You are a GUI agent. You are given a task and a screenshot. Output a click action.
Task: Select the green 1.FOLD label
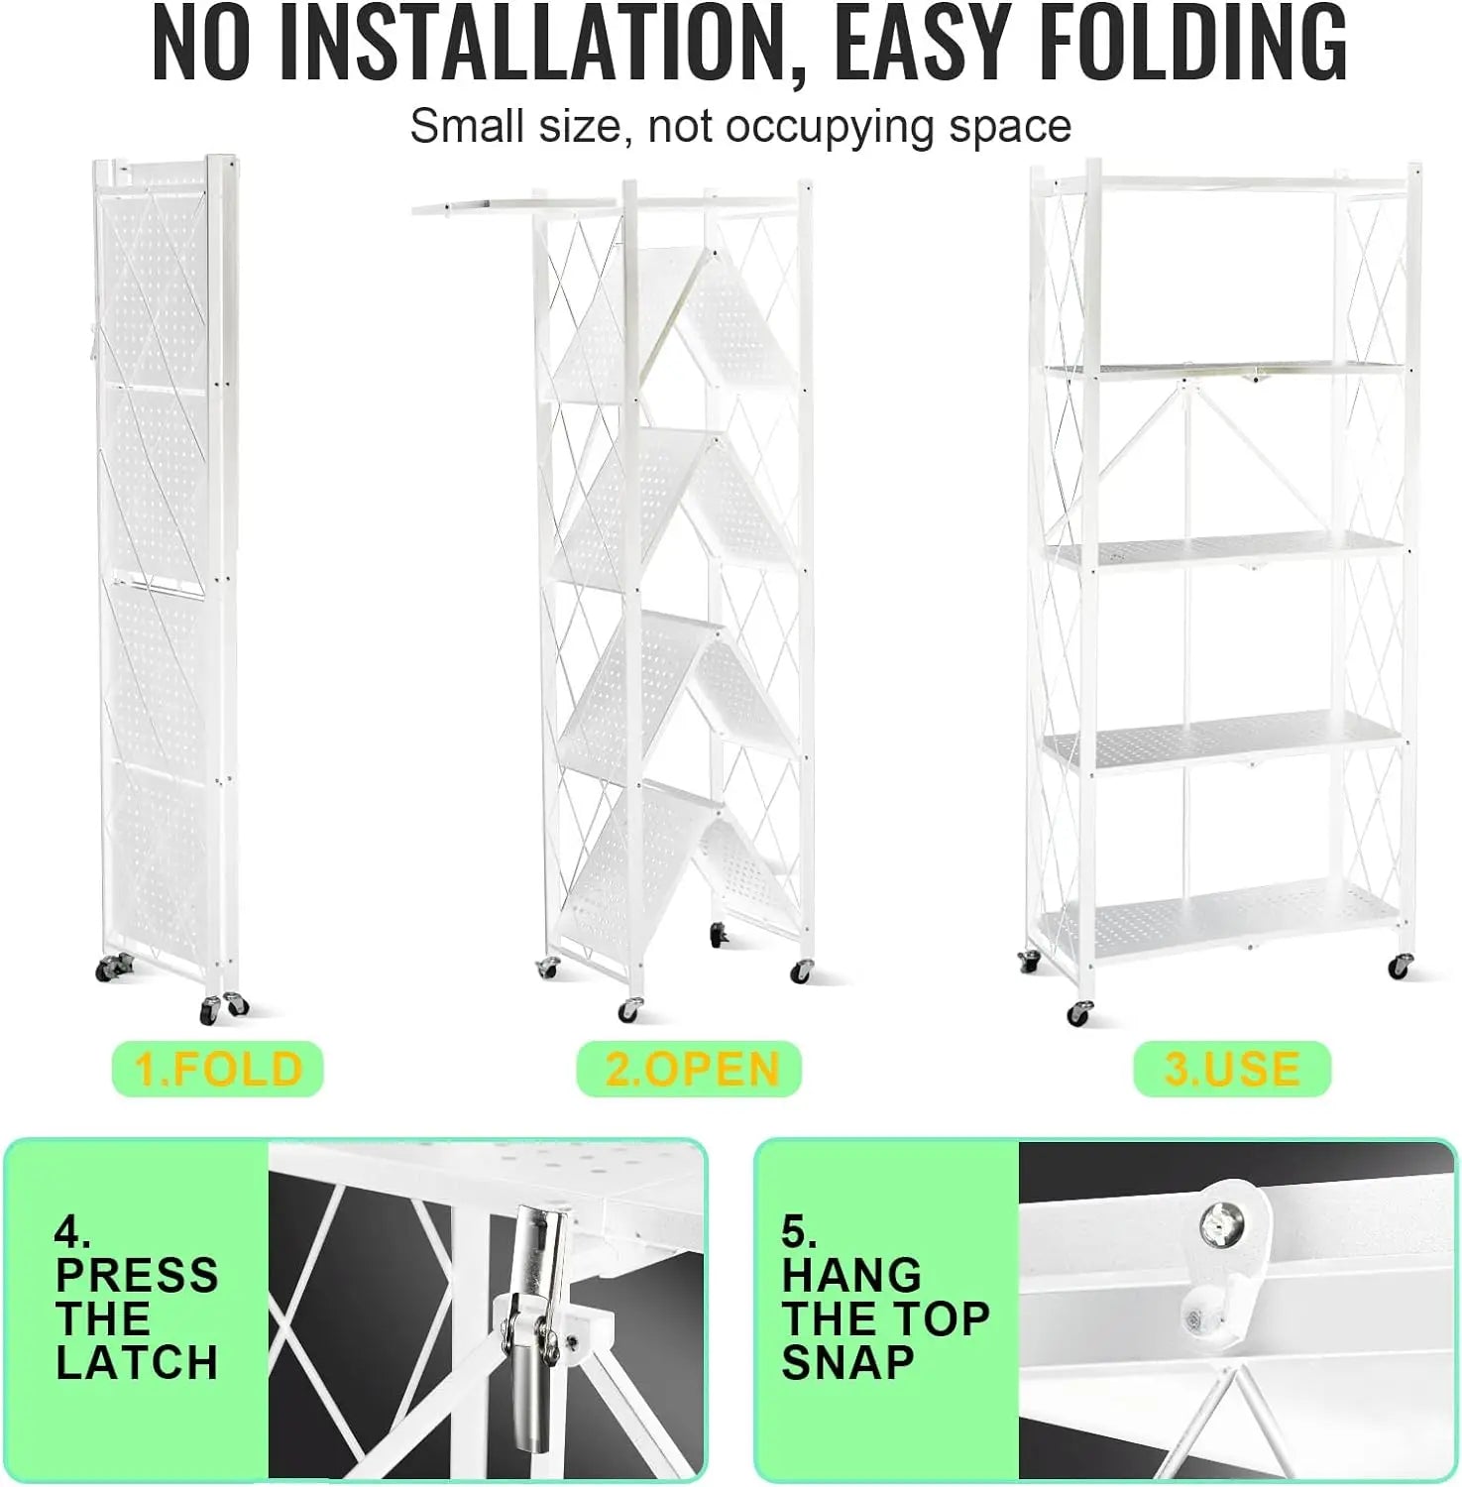pyautogui.click(x=218, y=1069)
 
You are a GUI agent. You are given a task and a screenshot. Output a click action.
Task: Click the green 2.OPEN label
pyautogui.click(x=689, y=1069)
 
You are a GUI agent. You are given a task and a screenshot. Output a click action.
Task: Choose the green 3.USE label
pyautogui.click(x=1232, y=1069)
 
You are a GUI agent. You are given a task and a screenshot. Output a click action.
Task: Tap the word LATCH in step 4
pyautogui.click(x=137, y=1363)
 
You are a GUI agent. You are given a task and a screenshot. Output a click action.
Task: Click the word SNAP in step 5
pyautogui.click(x=848, y=1363)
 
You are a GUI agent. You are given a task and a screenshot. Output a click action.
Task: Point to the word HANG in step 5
pyautogui.click(x=851, y=1276)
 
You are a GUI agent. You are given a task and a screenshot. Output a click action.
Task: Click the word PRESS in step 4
pyautogui.click(x=137, y=1276)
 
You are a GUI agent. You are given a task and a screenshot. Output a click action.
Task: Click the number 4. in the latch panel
pyautogui.click(x=72, y=1232)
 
